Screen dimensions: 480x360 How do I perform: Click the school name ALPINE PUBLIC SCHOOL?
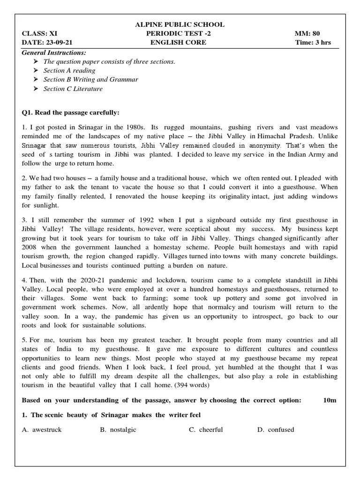coord(180,24)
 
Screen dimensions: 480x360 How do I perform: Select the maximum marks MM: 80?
coord(307,33)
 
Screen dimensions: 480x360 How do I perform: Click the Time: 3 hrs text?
coord(313,42)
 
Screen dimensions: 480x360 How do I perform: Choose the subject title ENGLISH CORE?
coord(178,42)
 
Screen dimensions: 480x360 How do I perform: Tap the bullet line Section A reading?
coord(69,70)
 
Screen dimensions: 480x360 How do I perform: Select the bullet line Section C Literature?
coord(73,89)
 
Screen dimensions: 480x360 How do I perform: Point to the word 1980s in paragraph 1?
coord(135,127)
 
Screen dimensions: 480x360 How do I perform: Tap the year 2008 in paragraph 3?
coord(31,247)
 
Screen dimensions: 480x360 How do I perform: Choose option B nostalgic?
coord(118,430)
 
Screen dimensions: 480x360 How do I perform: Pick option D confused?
coord(276,430)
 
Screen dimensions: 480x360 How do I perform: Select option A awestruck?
coord(42,430)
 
